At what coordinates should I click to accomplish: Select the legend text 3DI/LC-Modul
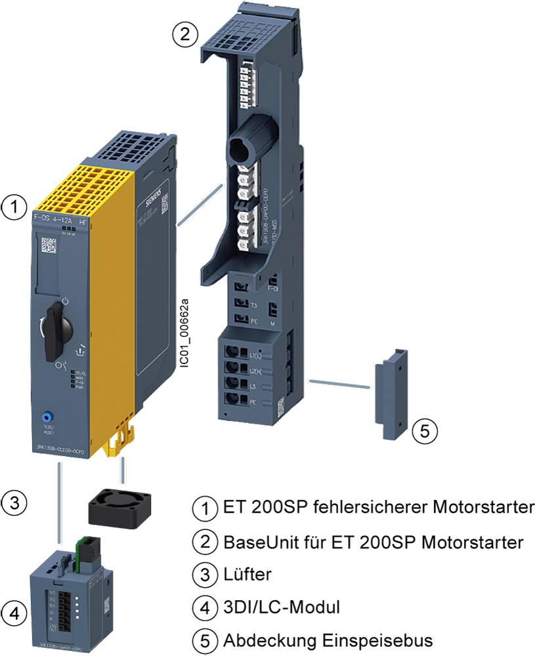(x=282, y=607)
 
